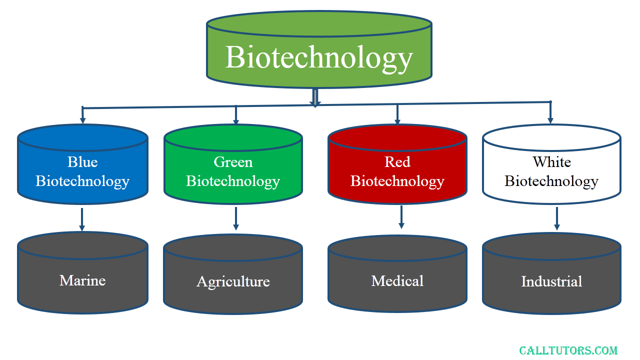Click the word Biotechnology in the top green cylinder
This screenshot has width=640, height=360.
click(319, 58)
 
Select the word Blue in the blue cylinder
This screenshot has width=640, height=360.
click(82, 162)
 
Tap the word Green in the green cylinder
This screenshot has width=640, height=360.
click(233, 162)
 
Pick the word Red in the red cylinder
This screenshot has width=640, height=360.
click(397, 162)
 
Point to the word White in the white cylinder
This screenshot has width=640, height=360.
click(551, 162)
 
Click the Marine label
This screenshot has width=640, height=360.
click(82, 280)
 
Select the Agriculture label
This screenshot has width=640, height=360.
click(233, 281)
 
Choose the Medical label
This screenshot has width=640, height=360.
click(397, 281)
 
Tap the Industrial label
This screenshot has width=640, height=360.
click(551, 281)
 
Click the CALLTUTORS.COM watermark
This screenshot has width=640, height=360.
click(568, 350)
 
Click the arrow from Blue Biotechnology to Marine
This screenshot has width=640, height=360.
click(82, 219)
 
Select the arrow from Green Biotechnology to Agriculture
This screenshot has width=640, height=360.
click(235, 218)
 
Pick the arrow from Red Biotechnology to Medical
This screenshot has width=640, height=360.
click(401, 217)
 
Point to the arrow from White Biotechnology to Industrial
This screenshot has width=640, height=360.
click(557, 218)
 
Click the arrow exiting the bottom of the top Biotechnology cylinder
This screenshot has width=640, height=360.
click(315, 97)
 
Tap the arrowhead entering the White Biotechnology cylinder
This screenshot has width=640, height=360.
click(550, 120)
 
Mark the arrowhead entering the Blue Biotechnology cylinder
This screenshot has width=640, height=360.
click(82, 120)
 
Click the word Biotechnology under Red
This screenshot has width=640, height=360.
click(397, 181)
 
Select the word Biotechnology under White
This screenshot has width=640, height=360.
click(551, 181)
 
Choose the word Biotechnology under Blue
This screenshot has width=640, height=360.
click(82, 181)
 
